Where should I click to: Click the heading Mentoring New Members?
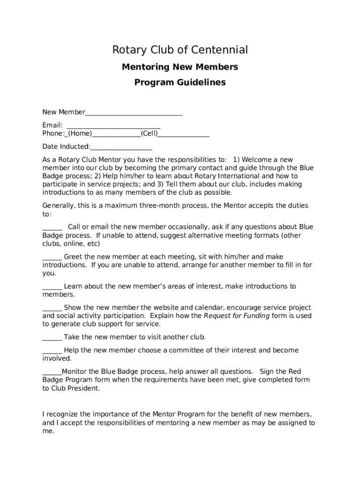tap(180, 67)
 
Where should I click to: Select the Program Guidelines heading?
tap(180, 82)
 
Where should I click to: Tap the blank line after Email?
tap(114, 125)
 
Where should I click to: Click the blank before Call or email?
tap(52, 227)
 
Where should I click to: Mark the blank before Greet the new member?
tap(52, 257)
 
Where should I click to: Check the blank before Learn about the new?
tap(52, 286)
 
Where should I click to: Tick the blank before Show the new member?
tap(52, 308)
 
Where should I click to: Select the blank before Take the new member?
tap(52, 337)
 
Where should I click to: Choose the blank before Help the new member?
tap(52, 350)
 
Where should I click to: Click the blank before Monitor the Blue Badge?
tap(52, 372)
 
